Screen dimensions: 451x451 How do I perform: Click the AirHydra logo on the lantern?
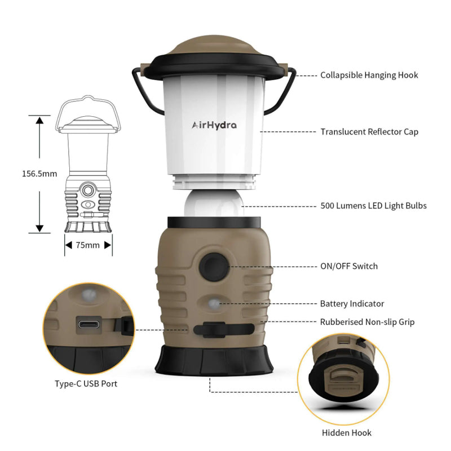(214, 125)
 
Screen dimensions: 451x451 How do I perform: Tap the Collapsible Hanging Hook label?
(369, 76)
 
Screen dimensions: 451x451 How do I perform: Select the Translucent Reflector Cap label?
(369, 132)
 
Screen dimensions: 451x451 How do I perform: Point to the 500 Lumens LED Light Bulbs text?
(373, 206)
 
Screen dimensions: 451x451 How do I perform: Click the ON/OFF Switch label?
(349, 266)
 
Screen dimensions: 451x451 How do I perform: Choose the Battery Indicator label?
(352, 304)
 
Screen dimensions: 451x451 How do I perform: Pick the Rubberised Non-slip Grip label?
(368, 322)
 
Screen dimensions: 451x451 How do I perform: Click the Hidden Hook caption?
(347, 433)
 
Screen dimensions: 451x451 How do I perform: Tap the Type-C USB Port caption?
(86, 384)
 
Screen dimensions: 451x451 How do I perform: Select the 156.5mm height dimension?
(39, 174)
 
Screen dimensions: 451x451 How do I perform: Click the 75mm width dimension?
(88, 245)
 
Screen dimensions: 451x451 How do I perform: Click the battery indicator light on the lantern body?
(214, 304)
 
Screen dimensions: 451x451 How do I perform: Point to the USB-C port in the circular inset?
(89, 325)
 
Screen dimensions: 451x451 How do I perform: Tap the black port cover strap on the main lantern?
(224, 330)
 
